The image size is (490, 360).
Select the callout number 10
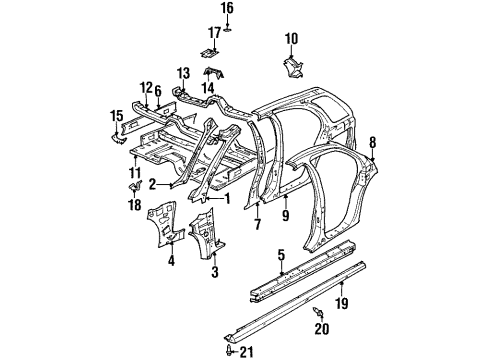(x=291, y=39)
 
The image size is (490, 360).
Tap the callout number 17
(x=214, y=33)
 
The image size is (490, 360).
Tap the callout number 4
(x=171, y=262)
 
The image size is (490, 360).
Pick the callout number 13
(x=183, y=74)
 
